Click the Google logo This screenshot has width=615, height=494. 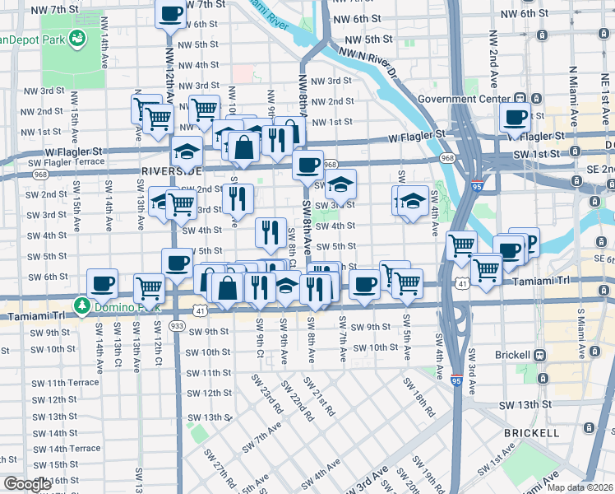[27, 484]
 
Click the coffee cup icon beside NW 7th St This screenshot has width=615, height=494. [171, 13]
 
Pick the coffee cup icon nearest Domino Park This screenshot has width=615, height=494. [102, 283]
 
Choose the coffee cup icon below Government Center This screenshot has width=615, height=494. [515, 118]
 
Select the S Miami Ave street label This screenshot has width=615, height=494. [580, 334]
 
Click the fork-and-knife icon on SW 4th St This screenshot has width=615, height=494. [271, 232]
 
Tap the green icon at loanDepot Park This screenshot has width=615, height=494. [77, 38]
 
